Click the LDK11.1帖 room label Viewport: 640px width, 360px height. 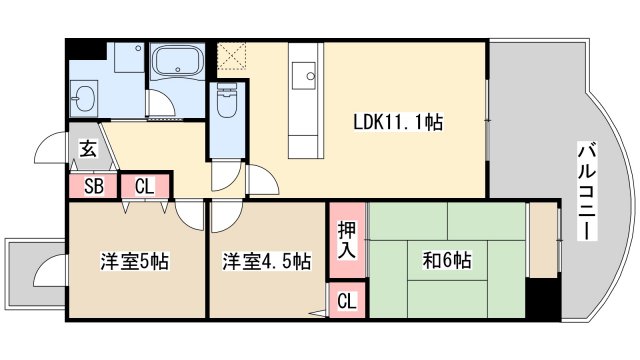pos(398,122)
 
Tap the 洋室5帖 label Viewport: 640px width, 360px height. pos(133,262)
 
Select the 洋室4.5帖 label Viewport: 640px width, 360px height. pos(266,262)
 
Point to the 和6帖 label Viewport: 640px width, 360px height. pos(447,262)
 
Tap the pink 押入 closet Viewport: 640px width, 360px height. pos(347,240)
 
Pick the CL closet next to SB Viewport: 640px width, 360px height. pos(144,186)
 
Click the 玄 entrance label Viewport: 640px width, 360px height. pos(88,150)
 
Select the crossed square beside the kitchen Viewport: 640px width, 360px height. pos(232,53)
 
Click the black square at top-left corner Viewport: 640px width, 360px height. pos(84,49)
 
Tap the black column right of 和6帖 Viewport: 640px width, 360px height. pos(544,297)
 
